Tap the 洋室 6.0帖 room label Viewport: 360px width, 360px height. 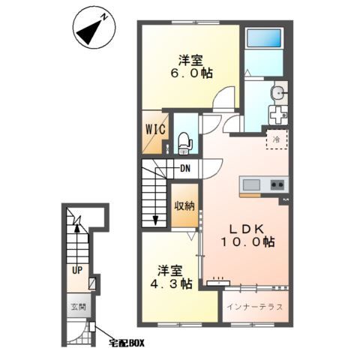tap(191, 67)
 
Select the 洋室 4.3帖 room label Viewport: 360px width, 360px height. tap(171, 277)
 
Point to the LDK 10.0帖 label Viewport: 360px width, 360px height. tap(247, 235)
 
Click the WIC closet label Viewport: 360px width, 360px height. tap(155, 130)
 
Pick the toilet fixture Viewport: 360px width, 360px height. tap(185, 143)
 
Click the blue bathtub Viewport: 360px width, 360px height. tap(264, 37)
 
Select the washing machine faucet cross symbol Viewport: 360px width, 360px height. tap(278, 115)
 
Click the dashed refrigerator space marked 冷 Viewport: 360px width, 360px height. tap(277, 139)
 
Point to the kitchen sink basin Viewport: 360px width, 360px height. tap(251, 185)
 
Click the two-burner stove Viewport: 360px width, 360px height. tap(277, 185)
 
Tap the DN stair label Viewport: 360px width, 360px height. tap(185, 169)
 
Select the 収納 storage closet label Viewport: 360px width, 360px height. tap(184, 206)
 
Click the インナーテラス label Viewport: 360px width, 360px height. tap(254, 307)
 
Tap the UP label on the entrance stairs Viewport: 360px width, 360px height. tap(77, 270)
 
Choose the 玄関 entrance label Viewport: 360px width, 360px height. tap(79, 307)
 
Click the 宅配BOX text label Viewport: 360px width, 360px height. tap(127, 343)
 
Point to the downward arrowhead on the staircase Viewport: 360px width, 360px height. tap(155, 220)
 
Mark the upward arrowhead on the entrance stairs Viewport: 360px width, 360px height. tap(77, 228)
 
